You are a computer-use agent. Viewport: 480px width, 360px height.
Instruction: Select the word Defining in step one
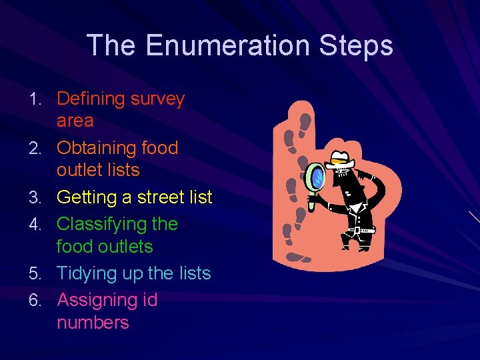click(91, 99)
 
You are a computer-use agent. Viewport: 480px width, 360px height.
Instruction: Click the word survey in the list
click(158, 99)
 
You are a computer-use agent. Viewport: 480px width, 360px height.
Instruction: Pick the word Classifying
click(99, 224)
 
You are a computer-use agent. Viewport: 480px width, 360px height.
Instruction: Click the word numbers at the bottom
click(93, 323)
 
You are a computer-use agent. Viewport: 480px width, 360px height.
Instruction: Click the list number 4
click(39, 225)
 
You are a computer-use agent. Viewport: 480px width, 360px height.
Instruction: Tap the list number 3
click(39, 198)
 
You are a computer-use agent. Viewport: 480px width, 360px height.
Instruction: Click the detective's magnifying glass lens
click(315, 177)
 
